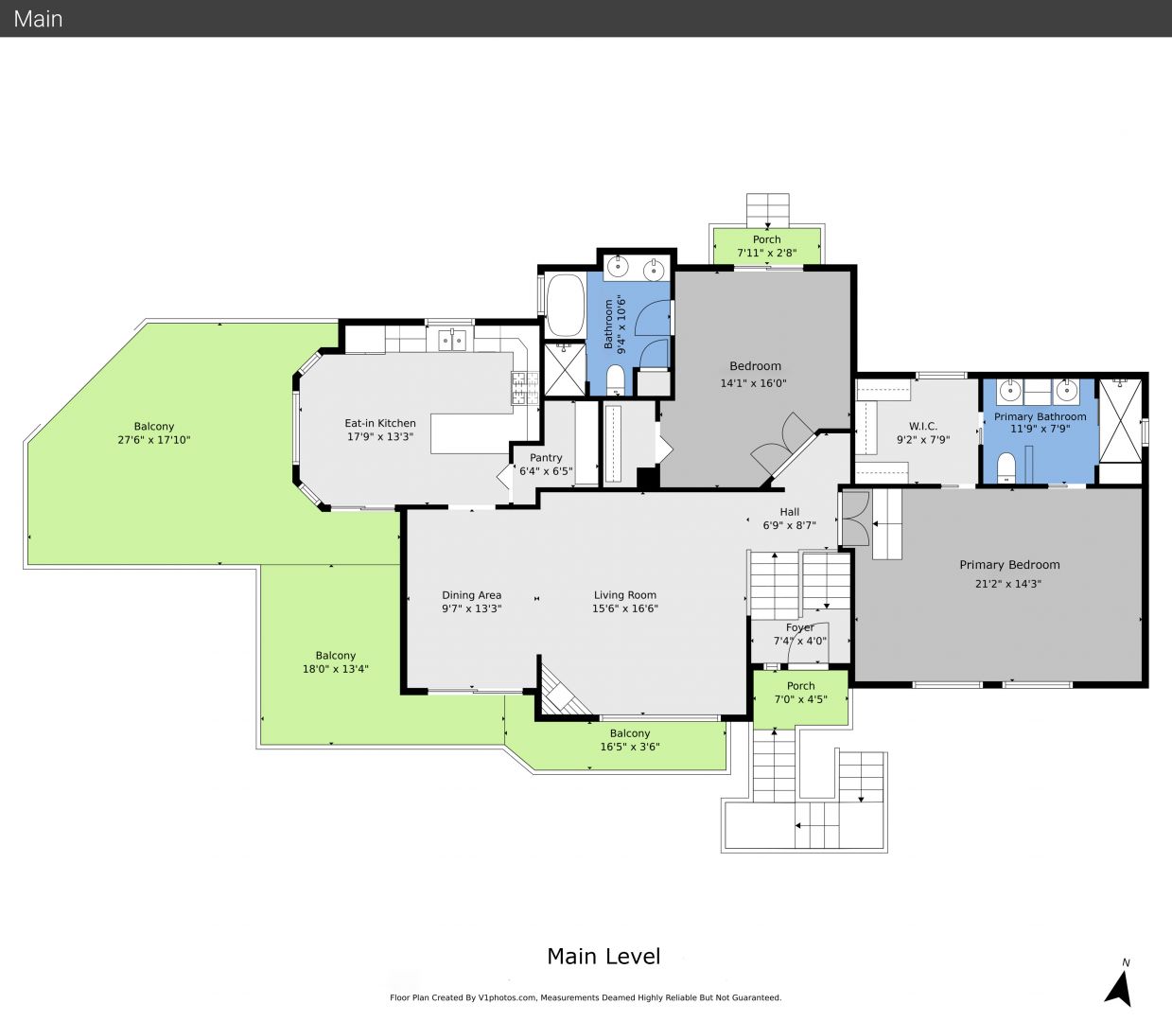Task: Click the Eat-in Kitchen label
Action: (379, 423)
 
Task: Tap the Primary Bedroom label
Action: (1009, 565)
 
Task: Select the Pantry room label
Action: (546, 458)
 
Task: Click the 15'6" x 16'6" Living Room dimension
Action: (625, 608)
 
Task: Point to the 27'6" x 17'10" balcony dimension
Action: (154, 440)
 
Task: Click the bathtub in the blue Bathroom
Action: (565, 306)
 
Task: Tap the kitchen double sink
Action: (452, 340)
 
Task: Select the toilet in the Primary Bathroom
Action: (1006, 467)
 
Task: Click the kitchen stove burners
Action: (525, 387)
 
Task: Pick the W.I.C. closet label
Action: (923, 426)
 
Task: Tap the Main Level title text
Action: (603, 956)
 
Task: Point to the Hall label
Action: (789, 512)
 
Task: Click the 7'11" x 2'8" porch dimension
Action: (766, 253)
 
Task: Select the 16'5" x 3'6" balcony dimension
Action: (630, 747)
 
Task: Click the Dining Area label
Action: (471, 595)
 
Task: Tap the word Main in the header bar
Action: (38, 19)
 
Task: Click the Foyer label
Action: (799, 627)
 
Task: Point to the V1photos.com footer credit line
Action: (586, 997)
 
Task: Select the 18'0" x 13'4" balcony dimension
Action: (336, 668)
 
